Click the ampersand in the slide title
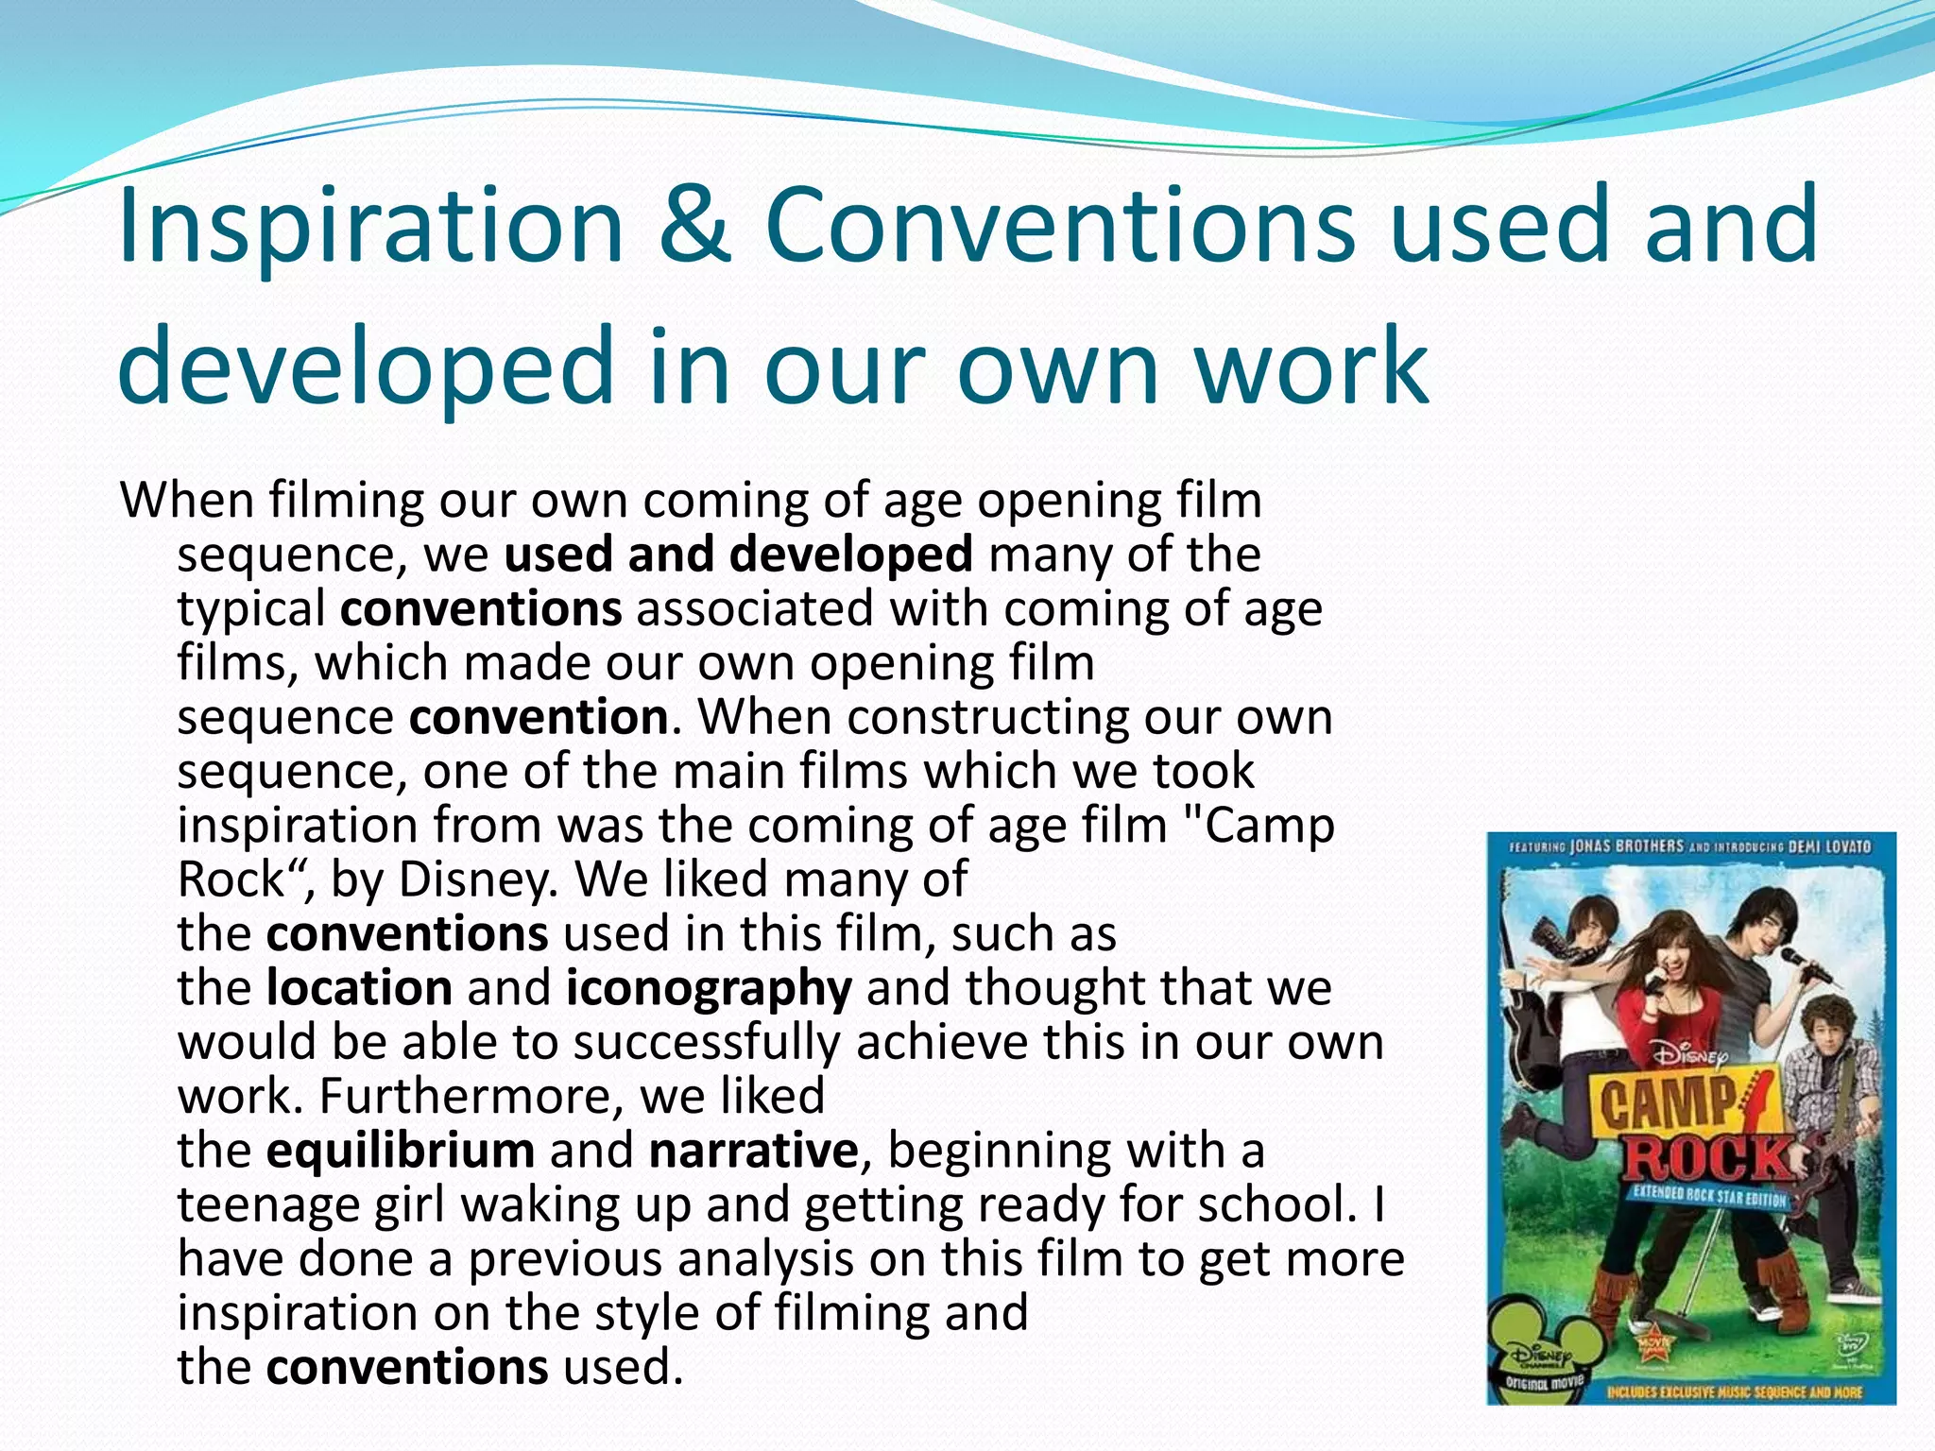(x=695, y=227)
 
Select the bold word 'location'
(x=359, y=988)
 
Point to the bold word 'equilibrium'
(x=400, y=1152)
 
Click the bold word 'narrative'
(x=753, y=1152)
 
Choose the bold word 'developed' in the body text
(x=850, y=555)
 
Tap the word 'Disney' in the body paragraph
(x=471, y=881)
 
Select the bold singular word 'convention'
(x=539, y=718)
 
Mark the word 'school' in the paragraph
(x=1276, y=1204)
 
